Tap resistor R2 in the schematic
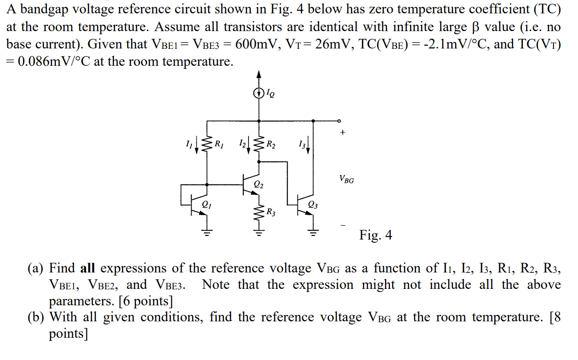(x=259, y=143)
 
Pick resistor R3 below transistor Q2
(x=259, y=213)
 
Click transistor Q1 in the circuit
(x=199, y=205)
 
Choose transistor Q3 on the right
(x=306, y=205)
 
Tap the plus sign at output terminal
(x=342, y=132)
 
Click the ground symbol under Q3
(x=314, y=231)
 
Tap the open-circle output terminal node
(x=339, y=120)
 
